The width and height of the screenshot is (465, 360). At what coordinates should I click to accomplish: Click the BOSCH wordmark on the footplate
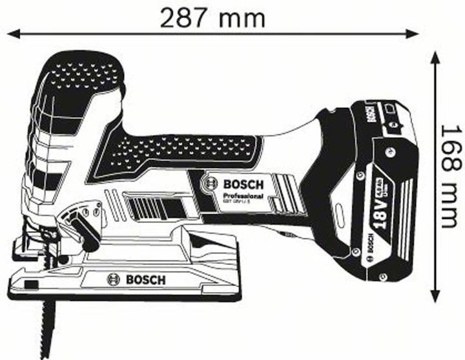[145, 279]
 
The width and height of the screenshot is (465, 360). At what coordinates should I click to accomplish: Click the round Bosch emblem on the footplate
[114, 279]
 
